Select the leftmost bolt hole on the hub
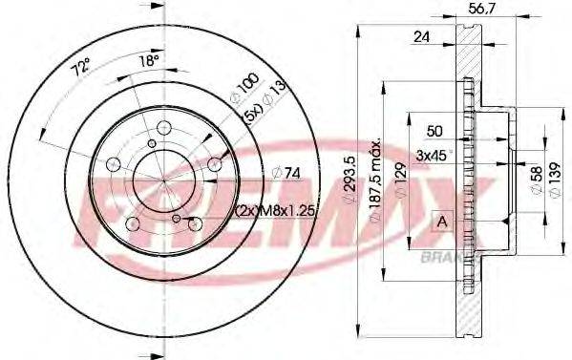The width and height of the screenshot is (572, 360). (x=115, y=165)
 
